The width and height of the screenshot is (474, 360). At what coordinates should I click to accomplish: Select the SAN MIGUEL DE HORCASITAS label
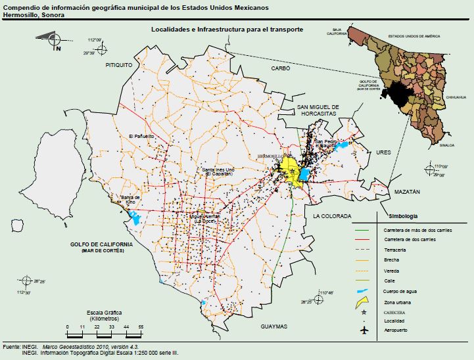pos(318,110)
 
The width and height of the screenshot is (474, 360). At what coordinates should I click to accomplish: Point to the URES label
pos(383,152)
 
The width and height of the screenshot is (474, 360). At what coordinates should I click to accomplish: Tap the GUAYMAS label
pos(273,326)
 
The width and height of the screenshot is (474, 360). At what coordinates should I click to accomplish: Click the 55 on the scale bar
pos(140,326)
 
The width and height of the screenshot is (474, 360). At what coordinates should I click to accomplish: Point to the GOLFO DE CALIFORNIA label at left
pos(102,244)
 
